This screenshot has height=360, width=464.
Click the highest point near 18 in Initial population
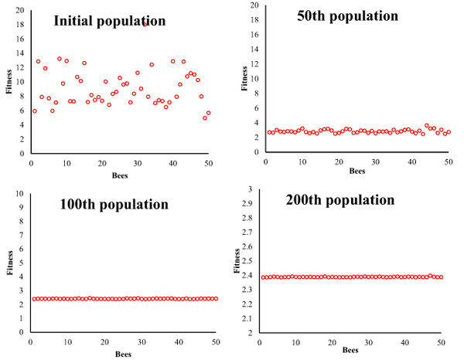tap(145, 24)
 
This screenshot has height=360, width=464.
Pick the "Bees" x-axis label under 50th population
tap(356, 171)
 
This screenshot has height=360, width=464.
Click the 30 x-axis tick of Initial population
tap(137, 167)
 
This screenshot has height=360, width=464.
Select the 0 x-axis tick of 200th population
tap(259, 341)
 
